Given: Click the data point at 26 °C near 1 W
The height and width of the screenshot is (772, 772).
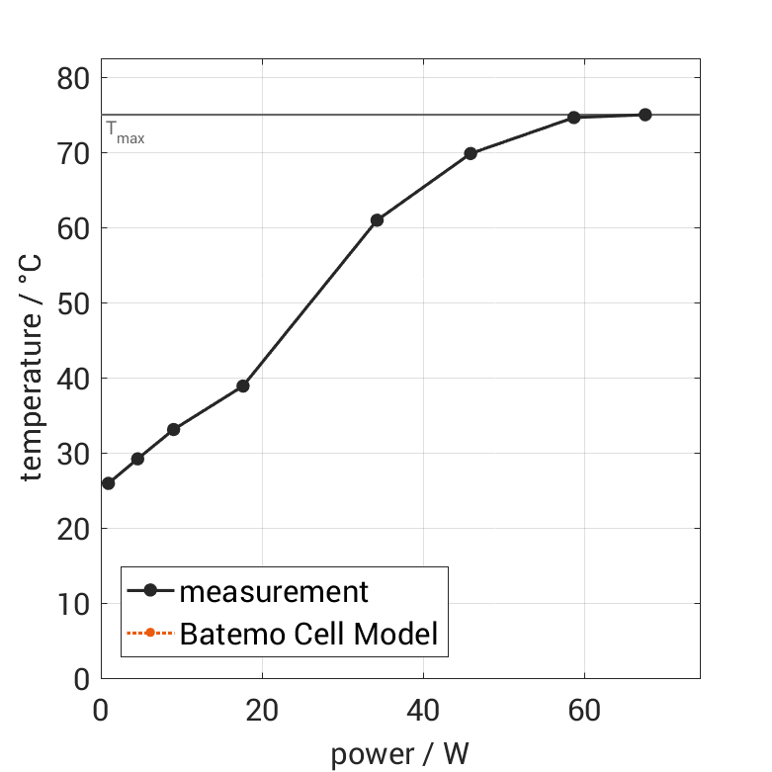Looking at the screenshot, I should [108, 483].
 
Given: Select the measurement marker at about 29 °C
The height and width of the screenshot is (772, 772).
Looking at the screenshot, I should [137, 459].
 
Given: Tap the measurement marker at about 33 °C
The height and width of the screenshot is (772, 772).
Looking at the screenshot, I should [173, 430].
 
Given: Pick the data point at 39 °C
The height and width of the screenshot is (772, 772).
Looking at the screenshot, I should [242, 386].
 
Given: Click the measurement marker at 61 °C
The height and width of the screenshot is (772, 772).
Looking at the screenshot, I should [377, 220].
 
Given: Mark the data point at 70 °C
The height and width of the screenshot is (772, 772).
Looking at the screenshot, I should [471, 153].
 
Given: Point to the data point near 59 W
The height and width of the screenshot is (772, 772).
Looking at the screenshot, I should [573, 118].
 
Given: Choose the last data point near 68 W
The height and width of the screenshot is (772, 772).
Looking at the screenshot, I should [644, 115].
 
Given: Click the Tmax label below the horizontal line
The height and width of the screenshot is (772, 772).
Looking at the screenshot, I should [125, 132].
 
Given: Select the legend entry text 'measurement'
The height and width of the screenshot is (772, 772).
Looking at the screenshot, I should [274, 592].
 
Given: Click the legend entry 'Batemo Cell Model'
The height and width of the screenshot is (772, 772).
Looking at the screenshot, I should [308, 634].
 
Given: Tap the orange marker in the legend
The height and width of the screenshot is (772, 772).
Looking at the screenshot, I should [150, 634].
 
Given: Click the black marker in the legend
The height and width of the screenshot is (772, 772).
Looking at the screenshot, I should [150, 591].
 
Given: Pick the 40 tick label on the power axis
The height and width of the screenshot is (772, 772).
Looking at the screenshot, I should [423, 711].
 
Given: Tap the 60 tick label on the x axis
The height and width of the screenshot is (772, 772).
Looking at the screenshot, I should [584, 711].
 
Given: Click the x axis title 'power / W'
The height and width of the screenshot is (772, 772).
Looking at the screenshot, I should [399, 754].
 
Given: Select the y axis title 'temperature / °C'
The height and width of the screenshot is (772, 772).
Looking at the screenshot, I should [33, 379].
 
